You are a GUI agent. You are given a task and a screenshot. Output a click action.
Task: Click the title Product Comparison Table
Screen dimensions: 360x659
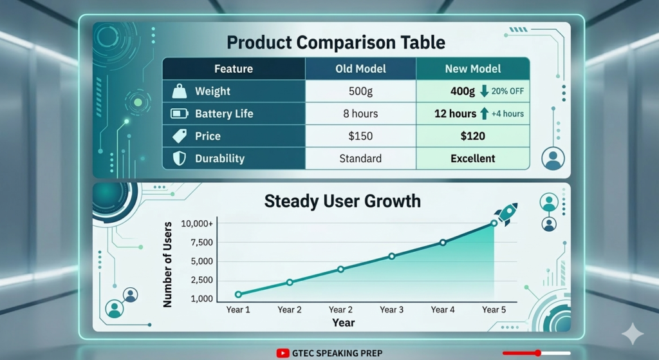tap(336, 43)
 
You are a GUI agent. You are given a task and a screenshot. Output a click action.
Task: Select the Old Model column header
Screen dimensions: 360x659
tap(360, 69)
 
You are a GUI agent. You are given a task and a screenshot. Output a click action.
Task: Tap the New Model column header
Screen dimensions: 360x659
tap(473, 69)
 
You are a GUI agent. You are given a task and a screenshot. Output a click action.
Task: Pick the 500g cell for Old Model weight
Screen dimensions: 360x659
tap(360, 91)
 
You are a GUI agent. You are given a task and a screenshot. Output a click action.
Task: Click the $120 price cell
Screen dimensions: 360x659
tap(473, 136)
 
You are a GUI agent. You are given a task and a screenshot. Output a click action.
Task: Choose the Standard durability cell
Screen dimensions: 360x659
tap(360, 158)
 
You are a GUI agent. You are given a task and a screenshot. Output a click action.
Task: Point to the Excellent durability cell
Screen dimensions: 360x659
tap(473, 158)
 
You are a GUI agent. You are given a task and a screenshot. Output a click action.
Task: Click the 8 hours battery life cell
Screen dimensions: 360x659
tap(360, 114)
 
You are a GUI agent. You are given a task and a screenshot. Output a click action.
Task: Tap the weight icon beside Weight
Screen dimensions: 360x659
tap(179, 91)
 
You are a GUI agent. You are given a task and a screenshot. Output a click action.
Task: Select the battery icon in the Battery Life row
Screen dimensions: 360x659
tap(178, 114)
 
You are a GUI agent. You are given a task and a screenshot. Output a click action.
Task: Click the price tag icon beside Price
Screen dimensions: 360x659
tap(179, 136)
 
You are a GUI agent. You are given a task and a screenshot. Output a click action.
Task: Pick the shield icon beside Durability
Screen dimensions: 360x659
tap(179, 158)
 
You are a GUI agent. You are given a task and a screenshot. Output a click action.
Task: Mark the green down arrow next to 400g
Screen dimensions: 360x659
tap(484, 91)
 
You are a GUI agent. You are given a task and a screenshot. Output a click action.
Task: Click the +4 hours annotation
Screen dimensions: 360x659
tap(507, 114)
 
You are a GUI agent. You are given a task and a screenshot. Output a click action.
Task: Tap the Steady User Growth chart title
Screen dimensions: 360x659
tap(342, 201)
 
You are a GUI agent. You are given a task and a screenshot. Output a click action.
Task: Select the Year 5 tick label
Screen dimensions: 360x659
tap(494, 310)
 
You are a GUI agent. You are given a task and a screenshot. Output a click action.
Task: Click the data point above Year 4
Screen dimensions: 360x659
tap(443, 242)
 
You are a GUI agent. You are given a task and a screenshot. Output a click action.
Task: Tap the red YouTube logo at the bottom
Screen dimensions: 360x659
tap(283, 353)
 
